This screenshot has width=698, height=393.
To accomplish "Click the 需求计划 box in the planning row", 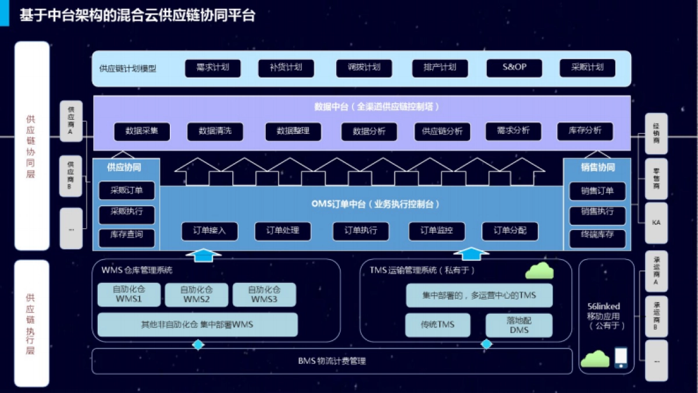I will tap(212, 68).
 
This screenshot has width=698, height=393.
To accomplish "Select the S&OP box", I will tap(514, 68).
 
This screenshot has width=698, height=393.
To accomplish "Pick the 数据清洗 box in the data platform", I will tap(215, 132).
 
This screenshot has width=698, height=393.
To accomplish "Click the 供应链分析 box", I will tap(442, 132).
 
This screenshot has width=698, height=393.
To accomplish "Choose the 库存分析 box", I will tap(585, 131).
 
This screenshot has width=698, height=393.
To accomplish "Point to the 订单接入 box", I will tap(209, 231).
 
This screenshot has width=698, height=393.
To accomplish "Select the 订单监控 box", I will tap(436, 231).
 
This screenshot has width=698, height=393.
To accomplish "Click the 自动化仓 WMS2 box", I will tap(197, 295).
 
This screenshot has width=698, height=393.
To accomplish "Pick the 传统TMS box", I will tap(437, 325).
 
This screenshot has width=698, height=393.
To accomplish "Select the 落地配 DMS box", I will tap(519, 325).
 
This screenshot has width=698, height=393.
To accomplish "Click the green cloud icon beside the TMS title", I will tap(539, 271).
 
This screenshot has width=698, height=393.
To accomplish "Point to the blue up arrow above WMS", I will tap(203, 254).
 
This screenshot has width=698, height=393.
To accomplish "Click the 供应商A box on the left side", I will tap(71, 121).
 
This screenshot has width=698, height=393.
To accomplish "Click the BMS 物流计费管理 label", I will tap(332, 362).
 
